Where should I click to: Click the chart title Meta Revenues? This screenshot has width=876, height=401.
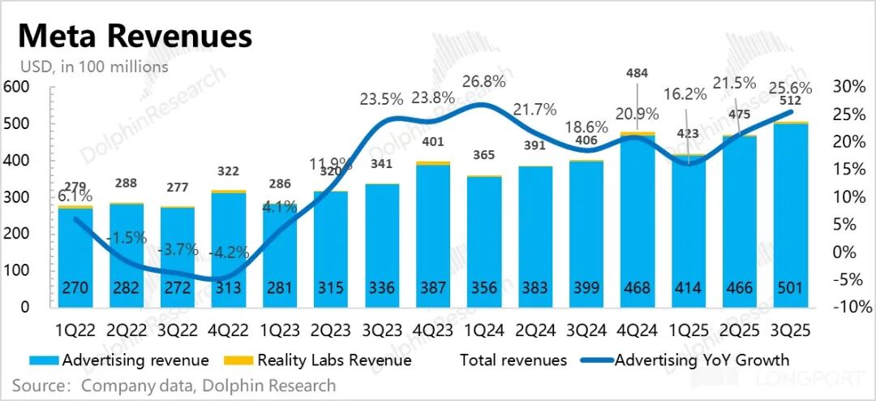click(135, 37)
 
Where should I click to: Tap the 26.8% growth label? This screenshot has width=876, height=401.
click(483, 81)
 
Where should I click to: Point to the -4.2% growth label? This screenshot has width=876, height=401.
click(228, 252)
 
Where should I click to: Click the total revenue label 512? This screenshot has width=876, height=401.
click(791, 101)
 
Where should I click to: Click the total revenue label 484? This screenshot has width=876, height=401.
click(638, 74)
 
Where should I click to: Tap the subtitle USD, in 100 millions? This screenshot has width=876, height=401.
click(94, 67)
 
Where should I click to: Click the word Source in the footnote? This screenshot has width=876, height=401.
click(39, 385)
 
